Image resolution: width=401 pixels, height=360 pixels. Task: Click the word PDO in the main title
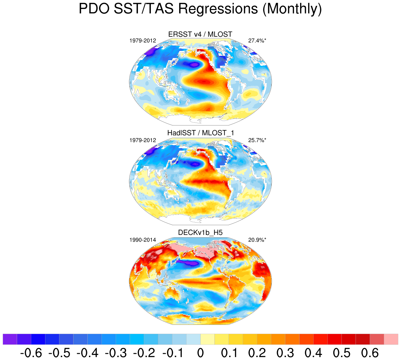pyautogui.click(x=94, y=9)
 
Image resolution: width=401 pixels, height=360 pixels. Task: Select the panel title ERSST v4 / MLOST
pyautogui.click(x=200, y=35)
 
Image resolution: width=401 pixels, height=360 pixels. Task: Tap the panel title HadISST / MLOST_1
pyautogui.click(x=200, y=133)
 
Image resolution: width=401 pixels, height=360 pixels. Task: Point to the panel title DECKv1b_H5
pyautogui.click(x=200, y=233)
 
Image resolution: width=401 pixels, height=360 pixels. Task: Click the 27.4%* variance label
pyautogui.click(x=257, y=41)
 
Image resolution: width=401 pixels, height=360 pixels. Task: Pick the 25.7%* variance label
pyautogui.click(x=257, y=140)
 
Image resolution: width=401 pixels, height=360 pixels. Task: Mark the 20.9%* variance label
pyautogui.click(x=257, y=240)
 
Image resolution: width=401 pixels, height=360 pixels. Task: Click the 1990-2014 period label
pyautogui.click(x=142, y=240)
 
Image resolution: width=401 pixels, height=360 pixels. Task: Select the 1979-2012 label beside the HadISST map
pyautogui.click(x=142, y=140)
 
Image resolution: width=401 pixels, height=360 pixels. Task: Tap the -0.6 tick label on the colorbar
pyautogui.click(x=31, y=353)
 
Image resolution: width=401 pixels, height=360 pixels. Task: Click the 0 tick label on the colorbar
pyautogui.click(x=200, y=353)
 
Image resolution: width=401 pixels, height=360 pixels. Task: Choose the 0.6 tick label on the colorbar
pyautogui.click(x=370, y=353)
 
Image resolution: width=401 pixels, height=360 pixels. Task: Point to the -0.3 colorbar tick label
pyautogui.click(x=115, y=353)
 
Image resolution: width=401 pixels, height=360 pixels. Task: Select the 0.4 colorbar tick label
pyautogui.click(x=313, y=353)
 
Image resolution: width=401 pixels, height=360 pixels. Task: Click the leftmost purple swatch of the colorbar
pyautogui.click(x=10, y=339)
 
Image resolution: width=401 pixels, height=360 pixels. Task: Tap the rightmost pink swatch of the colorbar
pyautogui.click(x=391, y=339)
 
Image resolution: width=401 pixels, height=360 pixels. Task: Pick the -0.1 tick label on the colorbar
pyautogui.click(x=172, y=353)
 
